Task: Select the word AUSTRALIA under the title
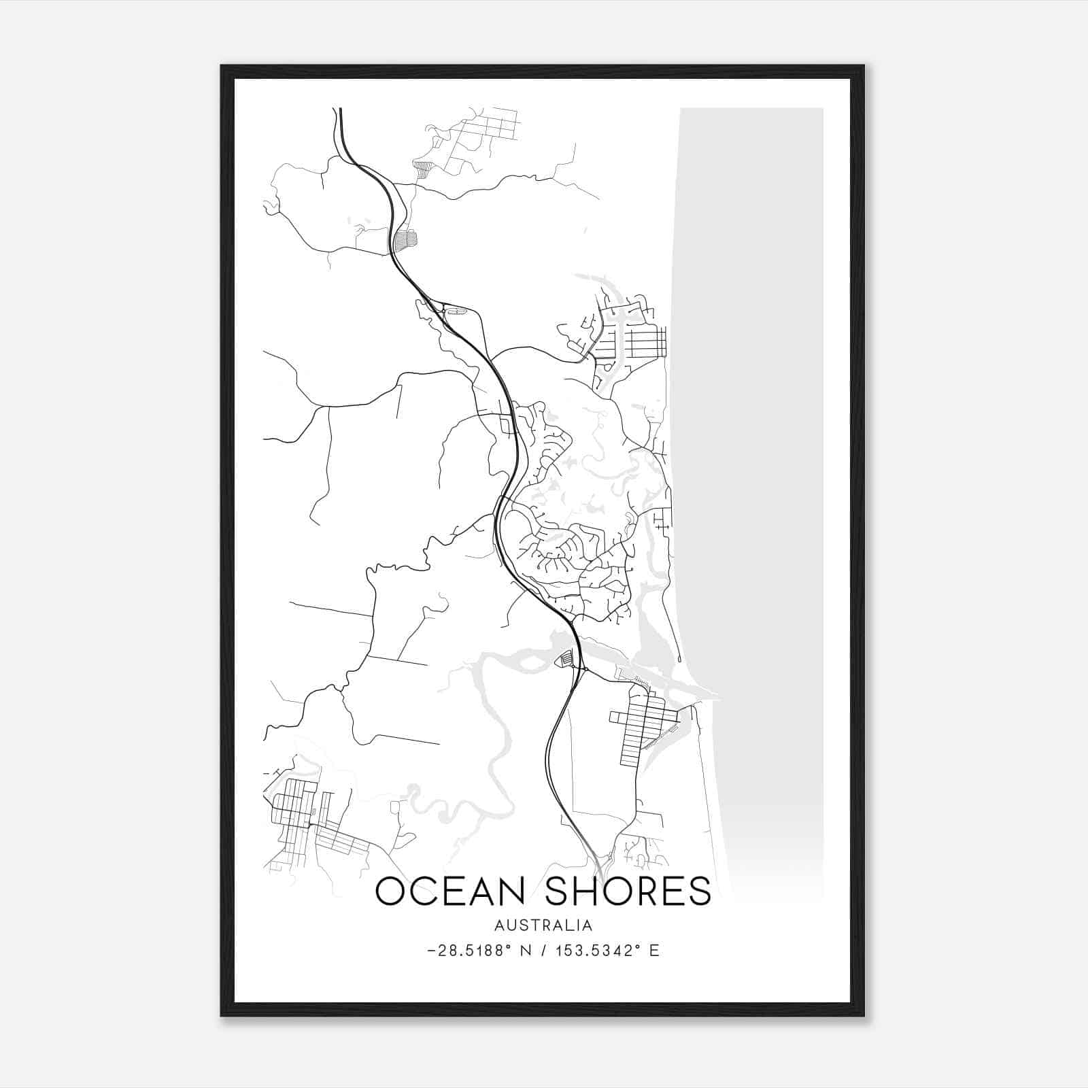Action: pyautogui.click(x=543, y=925)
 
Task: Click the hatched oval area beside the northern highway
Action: pyautogui.click(x=405, y=239)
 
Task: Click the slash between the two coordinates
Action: pyautogui.click(x=547, y=951)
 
